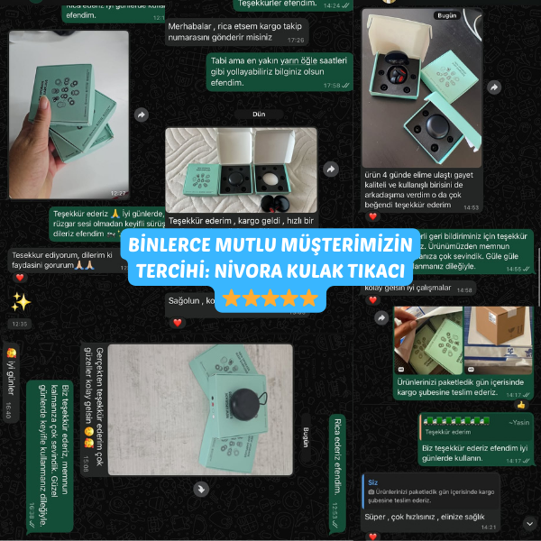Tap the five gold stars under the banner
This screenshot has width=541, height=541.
click(x=270, y=298)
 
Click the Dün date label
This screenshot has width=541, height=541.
click(x=259, y=115)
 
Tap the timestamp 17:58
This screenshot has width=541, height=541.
click(x=334, y=86)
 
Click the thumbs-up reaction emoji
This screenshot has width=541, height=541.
click(x=520, y=405)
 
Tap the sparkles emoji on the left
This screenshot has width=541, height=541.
click(x=21, y=300)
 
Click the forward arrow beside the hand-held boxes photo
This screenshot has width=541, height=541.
click(x=142, y=115)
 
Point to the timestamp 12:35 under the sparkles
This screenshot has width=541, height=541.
click(x=21, y=323)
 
